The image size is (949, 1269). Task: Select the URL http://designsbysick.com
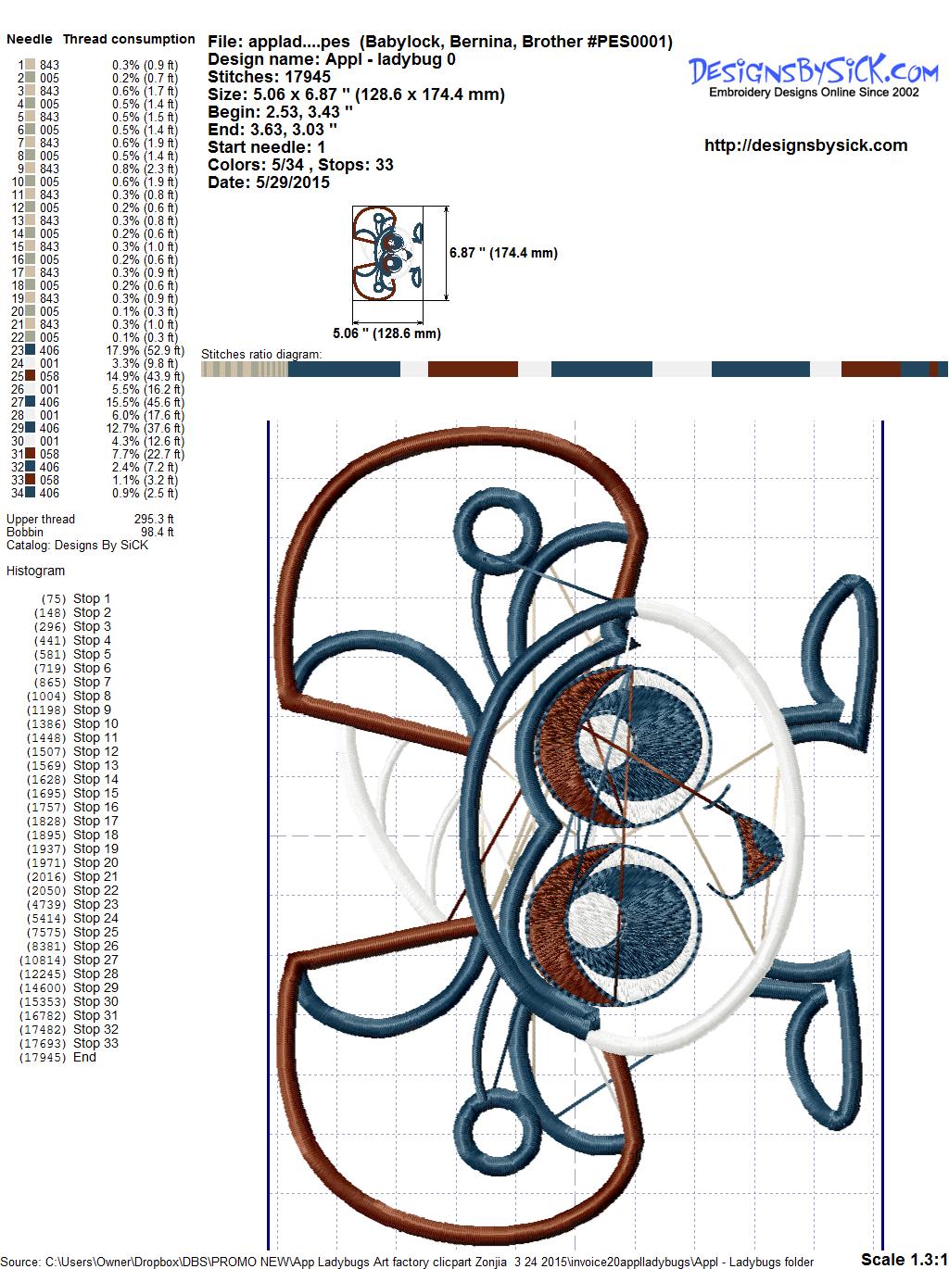click(805, 145)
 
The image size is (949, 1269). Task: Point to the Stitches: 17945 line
click(269, 77)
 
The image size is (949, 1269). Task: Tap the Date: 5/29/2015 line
click(269, 182)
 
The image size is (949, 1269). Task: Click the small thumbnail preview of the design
click(387, 253)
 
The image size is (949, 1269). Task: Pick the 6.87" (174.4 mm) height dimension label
click(503, 253)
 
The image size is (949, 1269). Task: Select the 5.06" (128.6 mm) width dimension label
click(386, 333)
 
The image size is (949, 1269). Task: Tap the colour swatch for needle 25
click(30, 376)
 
